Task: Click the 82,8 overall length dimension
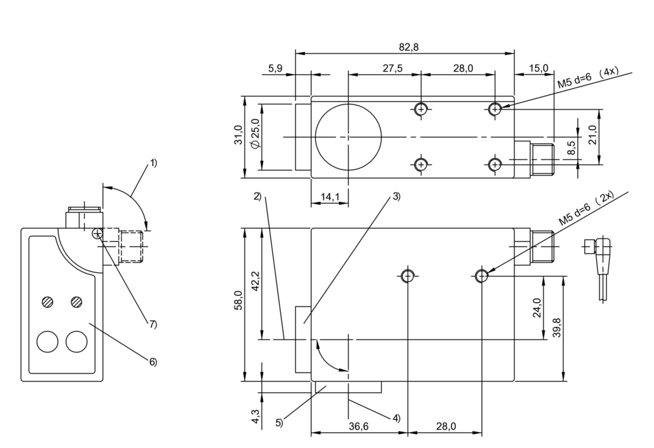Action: tap(409, 47)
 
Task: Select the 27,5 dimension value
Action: tap(392, 68)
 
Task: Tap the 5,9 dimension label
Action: tap(275, 68)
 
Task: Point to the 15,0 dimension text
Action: tap(539, 68)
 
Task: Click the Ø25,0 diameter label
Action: tap(255, 134)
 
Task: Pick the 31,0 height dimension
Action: tap(238, 135)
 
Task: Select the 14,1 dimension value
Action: tap(330, 197)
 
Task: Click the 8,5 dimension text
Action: tap(572, 148)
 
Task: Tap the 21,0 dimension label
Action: tap(592, 135)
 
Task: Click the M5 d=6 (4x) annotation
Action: tap(588, 78)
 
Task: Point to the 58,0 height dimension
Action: tap(238, 300)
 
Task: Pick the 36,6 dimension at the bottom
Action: tap(359, 426)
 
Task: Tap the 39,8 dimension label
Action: tap(557, 328)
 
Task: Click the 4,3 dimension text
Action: tap(255, 416)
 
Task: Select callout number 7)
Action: tap(153, 324)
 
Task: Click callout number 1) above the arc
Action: tap(153, 163)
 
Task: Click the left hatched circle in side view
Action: tap(47, 302)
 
